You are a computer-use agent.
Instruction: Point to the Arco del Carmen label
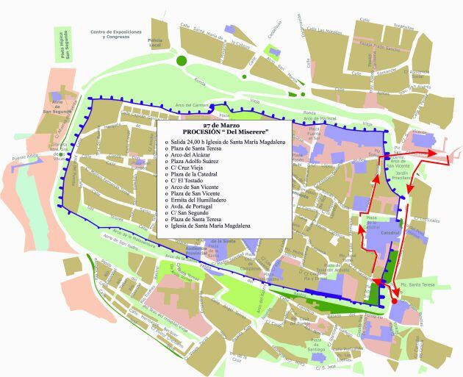(x=190, y=105)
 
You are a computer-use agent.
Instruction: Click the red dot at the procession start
(x=394, y=300)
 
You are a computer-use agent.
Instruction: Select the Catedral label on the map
(x=390, y=232)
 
